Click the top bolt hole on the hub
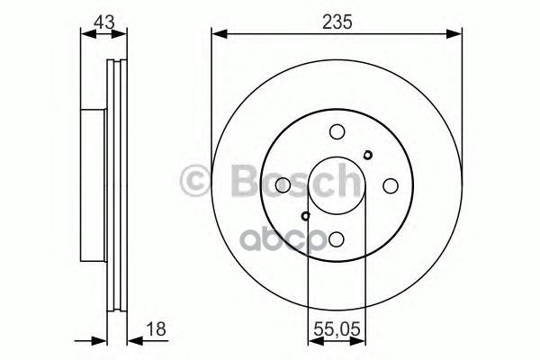336,130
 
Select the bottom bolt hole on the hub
336,238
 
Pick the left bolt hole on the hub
283,184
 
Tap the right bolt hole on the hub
390,184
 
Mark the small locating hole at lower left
306,215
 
